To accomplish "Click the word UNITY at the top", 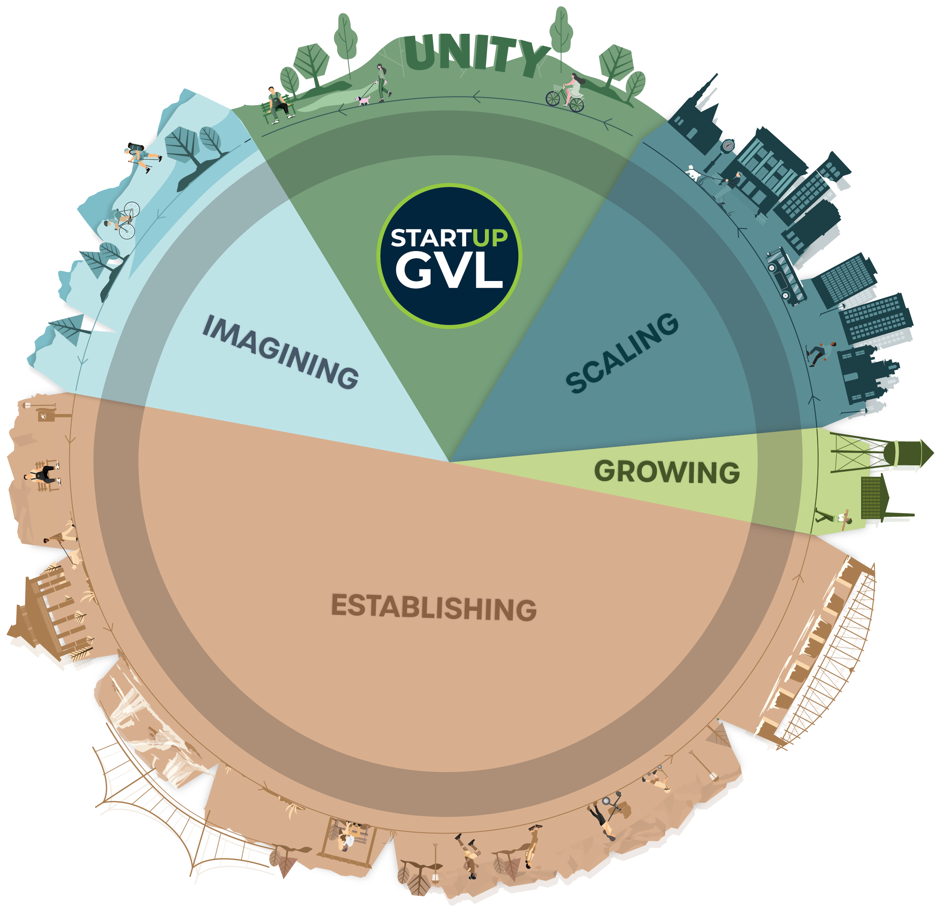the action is point(476,55).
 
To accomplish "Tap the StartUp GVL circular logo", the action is point(449,256).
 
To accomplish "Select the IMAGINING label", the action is point(281,352).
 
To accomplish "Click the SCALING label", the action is point(622,353).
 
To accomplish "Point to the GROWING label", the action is point(667,471).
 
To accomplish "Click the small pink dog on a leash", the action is point(363,100).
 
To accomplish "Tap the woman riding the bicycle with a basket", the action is point(567,93).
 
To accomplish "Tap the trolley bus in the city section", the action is point(785,277).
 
